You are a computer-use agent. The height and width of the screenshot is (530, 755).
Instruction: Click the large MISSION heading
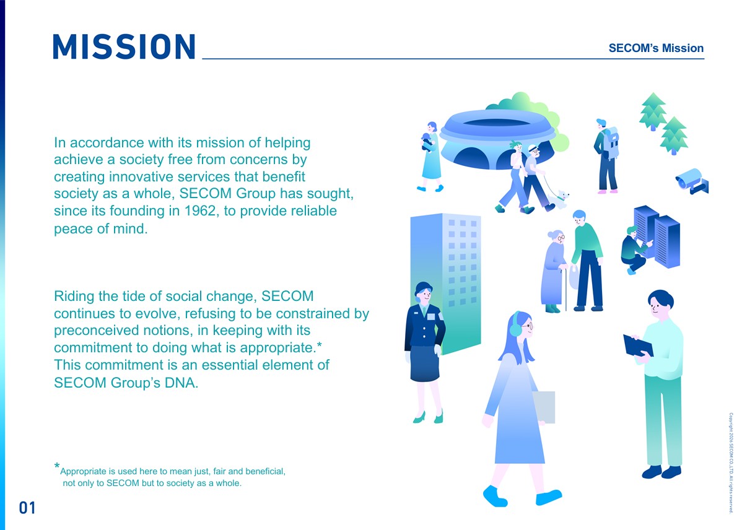[124, 46]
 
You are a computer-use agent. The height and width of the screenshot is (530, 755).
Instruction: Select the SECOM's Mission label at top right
[656, 48]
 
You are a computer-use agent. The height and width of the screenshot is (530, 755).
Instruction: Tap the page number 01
[27, 508]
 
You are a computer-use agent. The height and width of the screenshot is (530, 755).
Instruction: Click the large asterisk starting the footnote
[57, 466]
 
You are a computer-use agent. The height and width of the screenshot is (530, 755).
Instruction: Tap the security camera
[692, 181]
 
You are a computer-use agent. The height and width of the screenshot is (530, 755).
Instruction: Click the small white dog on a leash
[559, 199]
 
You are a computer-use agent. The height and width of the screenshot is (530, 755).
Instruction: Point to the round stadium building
[497, 139]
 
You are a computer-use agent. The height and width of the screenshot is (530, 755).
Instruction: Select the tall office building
[445, 284]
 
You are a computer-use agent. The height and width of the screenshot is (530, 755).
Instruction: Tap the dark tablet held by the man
[638, 345]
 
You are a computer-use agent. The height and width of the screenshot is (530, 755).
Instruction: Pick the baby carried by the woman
[427, 142]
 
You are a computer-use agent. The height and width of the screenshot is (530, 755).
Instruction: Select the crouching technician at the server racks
[634, 250]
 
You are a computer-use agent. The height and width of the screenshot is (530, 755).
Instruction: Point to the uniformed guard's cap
[424, 287]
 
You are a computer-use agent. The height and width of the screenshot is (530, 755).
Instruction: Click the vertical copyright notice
[731, 463]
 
